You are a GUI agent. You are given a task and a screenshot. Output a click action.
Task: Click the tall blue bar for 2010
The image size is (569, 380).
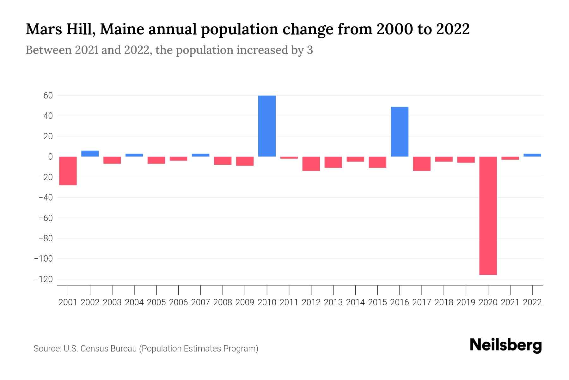pos(267,126)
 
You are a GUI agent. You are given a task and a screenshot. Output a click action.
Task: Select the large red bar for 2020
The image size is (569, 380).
pos(488,215)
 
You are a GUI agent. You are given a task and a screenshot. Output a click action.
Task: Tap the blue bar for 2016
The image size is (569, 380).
pos(400,132)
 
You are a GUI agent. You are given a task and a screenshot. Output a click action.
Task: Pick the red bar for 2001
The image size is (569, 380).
pos(68,171)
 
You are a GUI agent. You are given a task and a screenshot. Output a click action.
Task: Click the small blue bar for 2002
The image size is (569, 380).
pos(90,154)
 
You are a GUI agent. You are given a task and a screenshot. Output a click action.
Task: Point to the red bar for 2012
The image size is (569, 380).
pos(311,164)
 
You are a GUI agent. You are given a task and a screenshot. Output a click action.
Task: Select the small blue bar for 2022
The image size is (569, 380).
pos(532,155)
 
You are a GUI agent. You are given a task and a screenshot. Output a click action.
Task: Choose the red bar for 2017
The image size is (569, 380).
pos(422,164)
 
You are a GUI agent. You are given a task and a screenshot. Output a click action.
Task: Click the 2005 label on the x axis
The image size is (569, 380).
pos(156,302)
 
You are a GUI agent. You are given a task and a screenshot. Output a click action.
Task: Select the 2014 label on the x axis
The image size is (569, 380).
pos(355,302)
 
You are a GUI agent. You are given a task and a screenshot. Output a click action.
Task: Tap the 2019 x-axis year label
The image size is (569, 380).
pos(466,302)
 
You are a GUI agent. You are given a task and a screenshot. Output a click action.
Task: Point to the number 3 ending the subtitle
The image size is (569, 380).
pos(310,50)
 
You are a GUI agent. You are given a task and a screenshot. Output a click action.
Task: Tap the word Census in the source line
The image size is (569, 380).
pos(94,349)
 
